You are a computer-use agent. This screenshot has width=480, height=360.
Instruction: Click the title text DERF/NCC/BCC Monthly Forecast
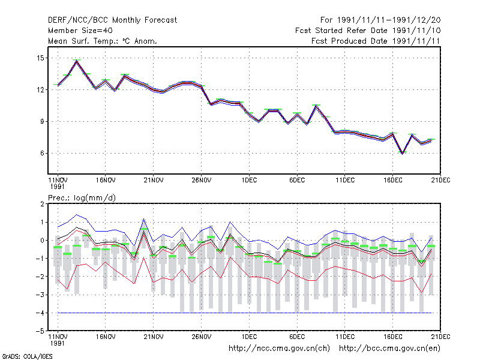(112, 20)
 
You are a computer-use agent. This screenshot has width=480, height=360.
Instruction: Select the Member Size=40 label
(80, 31)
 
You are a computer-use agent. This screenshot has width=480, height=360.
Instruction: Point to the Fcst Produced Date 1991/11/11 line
(376, 41)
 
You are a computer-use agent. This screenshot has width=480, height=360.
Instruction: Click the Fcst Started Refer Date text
(341, 31)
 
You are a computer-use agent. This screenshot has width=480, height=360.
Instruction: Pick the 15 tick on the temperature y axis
(40, 58)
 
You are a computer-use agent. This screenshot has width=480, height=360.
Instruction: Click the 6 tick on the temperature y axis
(42, 153)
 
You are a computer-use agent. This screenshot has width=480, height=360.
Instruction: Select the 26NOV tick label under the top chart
(202, 181)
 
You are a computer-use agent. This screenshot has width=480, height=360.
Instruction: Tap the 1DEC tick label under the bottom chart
(249, 337)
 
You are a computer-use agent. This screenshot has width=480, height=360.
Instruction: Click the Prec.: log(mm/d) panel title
(82, 198)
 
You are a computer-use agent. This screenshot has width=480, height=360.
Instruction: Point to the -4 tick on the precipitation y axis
(40, 313)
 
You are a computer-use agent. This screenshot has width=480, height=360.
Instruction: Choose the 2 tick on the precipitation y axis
(42, 204)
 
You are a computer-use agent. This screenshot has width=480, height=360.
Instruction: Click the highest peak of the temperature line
(77, 61)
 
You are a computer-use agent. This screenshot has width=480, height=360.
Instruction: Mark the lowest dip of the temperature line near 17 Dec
(403, 154)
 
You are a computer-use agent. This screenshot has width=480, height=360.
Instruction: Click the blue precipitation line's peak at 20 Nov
(144, 218)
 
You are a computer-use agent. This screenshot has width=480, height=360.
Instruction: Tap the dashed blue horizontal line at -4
(245, 313)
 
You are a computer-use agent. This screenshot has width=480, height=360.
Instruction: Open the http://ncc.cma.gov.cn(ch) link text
(279, 349)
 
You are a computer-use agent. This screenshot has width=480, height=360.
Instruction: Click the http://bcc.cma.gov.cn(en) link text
(389, 349)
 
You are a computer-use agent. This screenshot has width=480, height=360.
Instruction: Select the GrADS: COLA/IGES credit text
(27, 356)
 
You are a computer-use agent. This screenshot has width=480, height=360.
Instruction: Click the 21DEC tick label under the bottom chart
(440, 337)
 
